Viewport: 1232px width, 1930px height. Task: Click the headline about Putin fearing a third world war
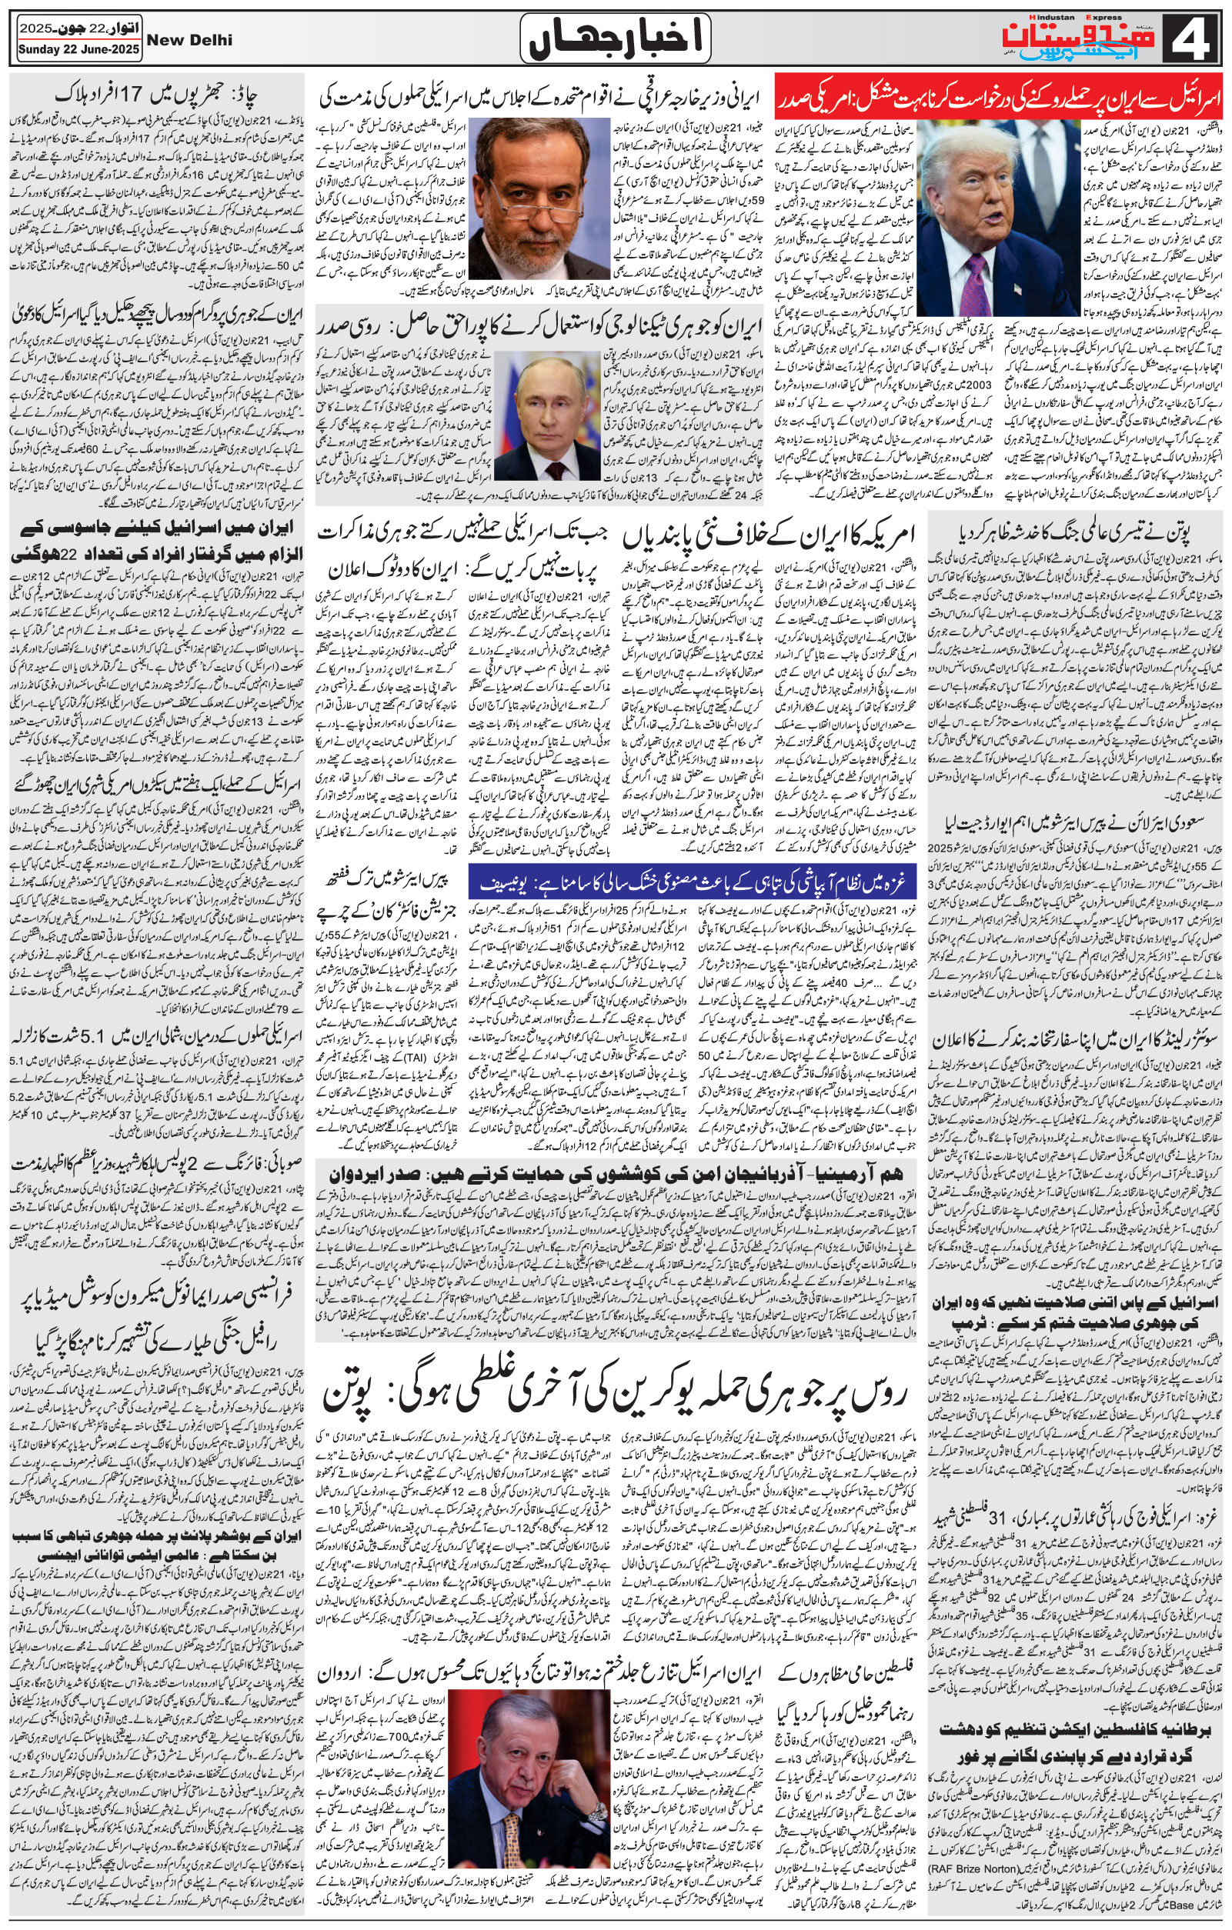click(1071, 532)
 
